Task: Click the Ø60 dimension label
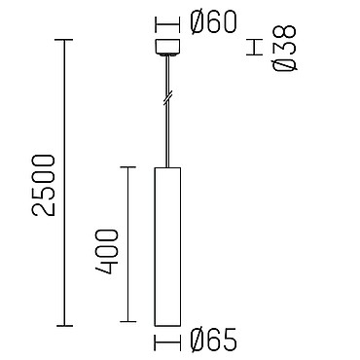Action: [214, 22]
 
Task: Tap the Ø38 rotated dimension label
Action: [284, 48]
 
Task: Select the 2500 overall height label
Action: [44, 185]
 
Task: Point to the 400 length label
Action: [106, 252]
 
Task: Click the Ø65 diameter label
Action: [214, 340]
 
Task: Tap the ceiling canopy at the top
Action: [167, 48]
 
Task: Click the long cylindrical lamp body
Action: [167, 246]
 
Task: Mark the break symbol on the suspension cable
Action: [167, 98]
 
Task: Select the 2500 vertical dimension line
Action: [63, 183]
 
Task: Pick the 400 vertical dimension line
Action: [127, 244]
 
